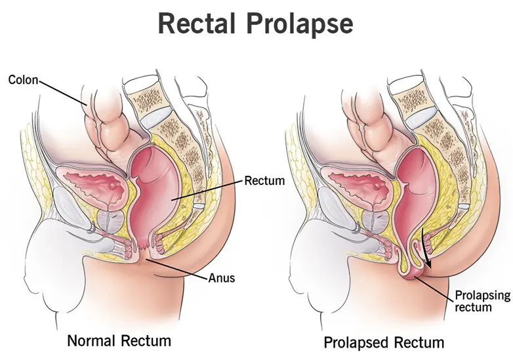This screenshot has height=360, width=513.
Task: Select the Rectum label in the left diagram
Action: (x=264, y=180)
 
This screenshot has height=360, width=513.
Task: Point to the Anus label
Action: (x=221, y=277)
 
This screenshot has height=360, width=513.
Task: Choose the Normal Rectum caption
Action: (x=119, y=340)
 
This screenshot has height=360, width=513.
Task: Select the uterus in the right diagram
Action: (x=358, y=183)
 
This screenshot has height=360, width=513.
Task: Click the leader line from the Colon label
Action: (x=62, y=92)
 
